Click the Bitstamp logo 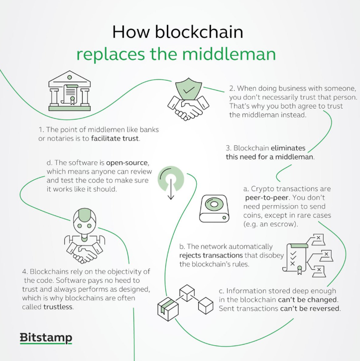[46, 338]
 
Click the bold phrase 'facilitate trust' [116, 139]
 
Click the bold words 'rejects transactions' [212, 255]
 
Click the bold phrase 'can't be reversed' [310, 309]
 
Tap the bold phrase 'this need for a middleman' [269, 157]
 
